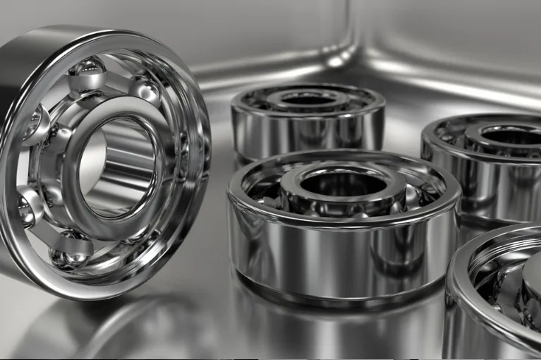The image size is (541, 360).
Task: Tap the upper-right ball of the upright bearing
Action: tap(146, 90)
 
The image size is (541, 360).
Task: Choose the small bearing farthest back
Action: tap(308, 120)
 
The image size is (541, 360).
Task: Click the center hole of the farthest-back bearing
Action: tap(308, 100)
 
